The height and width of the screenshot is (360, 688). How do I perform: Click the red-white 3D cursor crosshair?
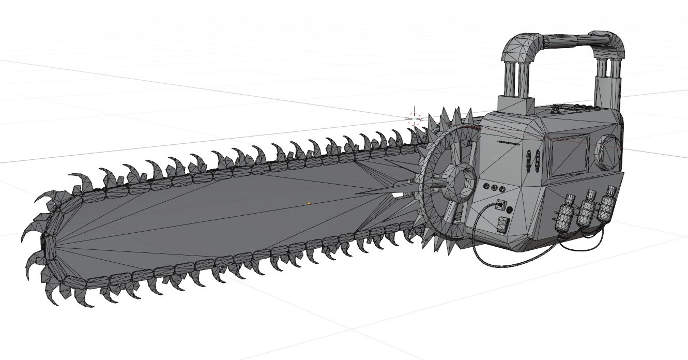click(415, 118)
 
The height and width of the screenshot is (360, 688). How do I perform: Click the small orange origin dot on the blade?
click(309, 203)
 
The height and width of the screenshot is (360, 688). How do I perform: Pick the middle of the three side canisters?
click(587, 208)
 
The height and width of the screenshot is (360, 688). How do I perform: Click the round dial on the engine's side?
click(608, 149)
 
